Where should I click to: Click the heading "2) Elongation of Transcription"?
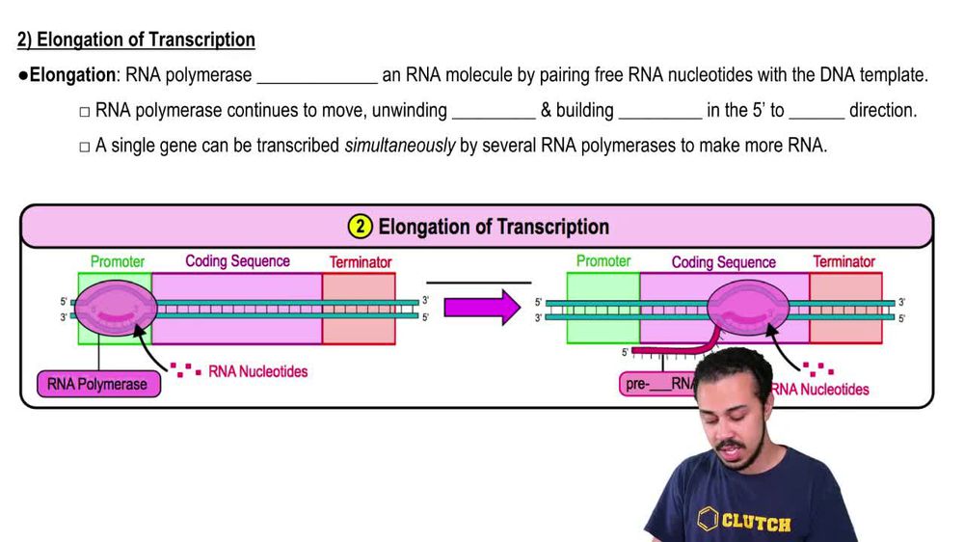136,41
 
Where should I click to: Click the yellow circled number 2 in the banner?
360,228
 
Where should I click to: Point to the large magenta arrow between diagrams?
481,310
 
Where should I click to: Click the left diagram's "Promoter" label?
118,261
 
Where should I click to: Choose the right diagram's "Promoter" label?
603,261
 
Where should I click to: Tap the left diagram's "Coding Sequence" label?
237,261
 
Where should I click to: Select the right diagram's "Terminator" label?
843,261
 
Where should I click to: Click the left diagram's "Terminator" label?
361,262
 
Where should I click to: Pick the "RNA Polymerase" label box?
97,384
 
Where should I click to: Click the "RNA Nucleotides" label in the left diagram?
257,370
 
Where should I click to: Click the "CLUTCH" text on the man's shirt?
757,524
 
